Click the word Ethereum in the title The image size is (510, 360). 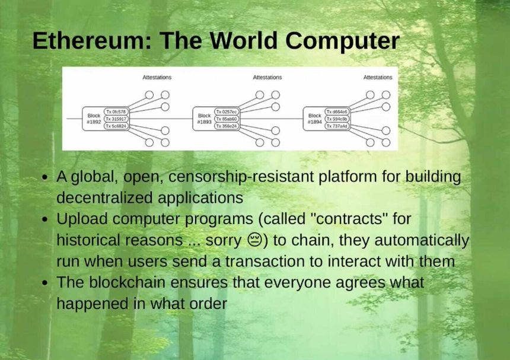(87, 41)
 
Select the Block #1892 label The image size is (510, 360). (94, 119)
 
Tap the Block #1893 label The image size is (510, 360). (204, 119)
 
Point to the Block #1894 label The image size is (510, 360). (314, 119)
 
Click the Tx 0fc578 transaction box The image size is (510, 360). (116, 111)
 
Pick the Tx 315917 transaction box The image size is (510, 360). (116, 119)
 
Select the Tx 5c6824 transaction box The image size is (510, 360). (116, 126)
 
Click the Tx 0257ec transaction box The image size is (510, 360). (226, 111)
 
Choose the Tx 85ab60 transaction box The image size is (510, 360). (226, 119)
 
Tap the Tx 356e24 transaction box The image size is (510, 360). (226, 126)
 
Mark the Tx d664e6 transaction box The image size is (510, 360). (337, 111)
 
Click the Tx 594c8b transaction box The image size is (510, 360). (337, 119)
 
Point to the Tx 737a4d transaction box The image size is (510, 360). (337, 126)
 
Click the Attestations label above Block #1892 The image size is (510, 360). (157, 77)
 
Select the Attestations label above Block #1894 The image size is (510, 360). (378, 77)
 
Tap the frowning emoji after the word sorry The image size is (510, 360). (252, 240)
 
